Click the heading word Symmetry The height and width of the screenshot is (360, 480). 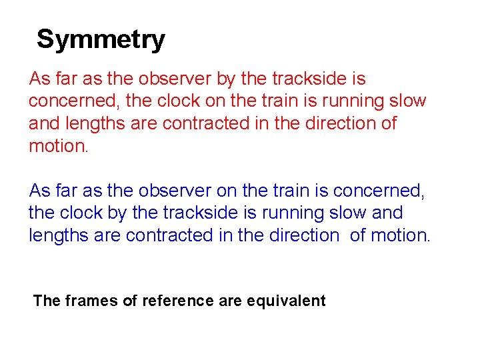(x=101, y=40)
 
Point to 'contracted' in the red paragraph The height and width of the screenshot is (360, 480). (x=200, y=123)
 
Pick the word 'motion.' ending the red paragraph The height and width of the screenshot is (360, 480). (x=59, y=146)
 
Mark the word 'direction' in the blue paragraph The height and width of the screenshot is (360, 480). (x=303, y=235)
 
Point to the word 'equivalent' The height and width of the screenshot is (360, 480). (x=286, y=301)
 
